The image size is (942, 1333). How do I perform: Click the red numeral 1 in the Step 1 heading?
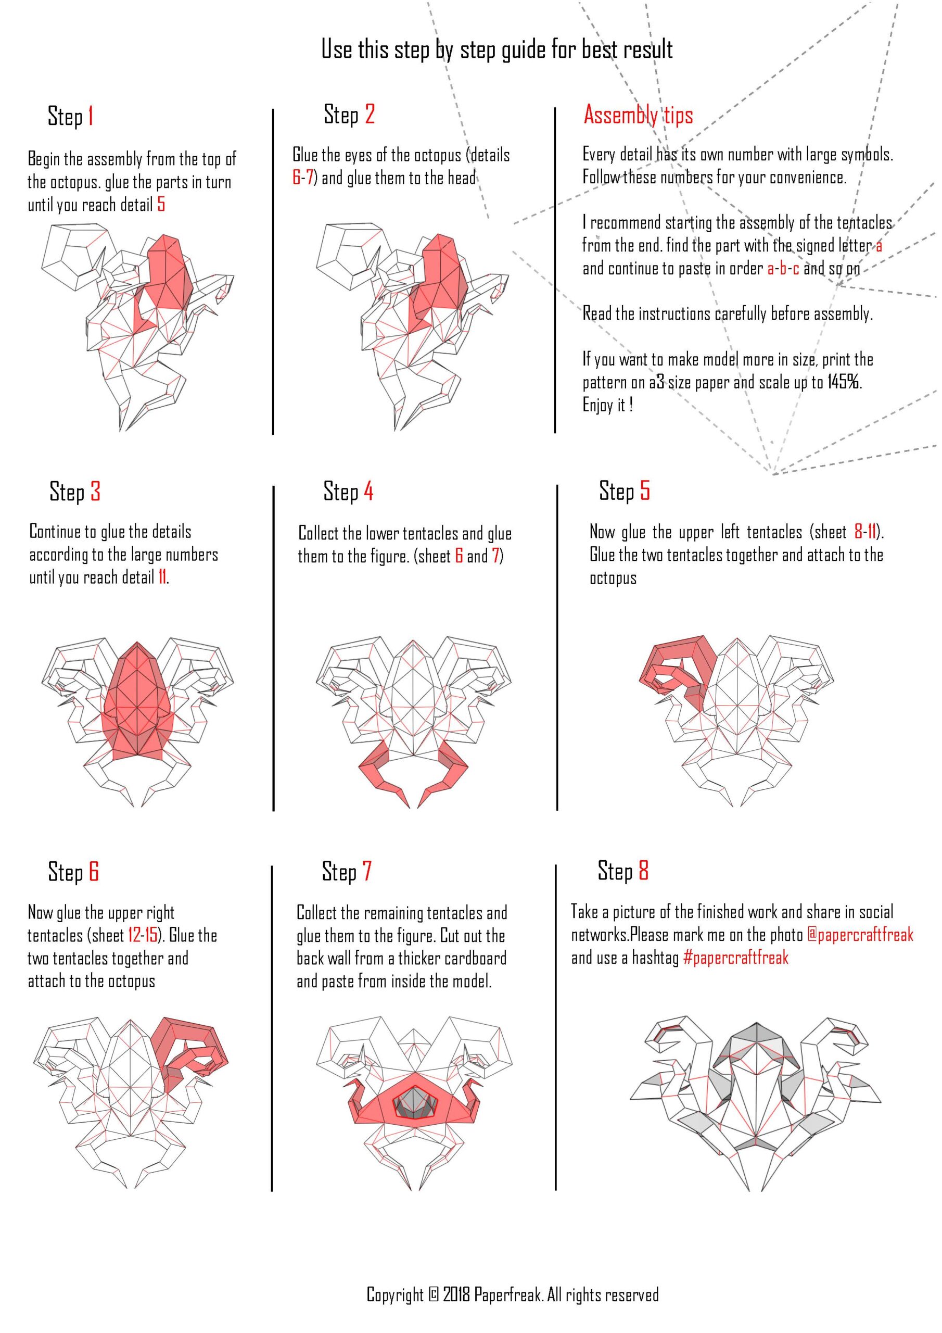point(91,116)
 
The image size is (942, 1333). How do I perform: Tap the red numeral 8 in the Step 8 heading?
point(643,870)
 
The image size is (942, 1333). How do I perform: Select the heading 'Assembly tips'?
point(639,115)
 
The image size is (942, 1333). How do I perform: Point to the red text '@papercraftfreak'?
point(860,934)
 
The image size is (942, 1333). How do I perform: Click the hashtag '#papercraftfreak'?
point(735,958)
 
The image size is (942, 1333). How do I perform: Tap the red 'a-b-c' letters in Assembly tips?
point(783,268)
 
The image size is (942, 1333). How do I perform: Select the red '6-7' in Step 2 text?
point(302,177)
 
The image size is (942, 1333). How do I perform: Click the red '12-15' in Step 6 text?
point(143,935)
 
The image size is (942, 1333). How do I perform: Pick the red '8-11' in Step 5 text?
point(865,531)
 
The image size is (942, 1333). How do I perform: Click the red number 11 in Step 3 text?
point(162,577)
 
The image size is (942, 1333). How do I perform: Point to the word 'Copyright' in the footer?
point(394,1294)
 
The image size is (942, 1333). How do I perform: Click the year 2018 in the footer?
point(457,1294)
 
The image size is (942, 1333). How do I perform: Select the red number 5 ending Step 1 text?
point(161,204)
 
